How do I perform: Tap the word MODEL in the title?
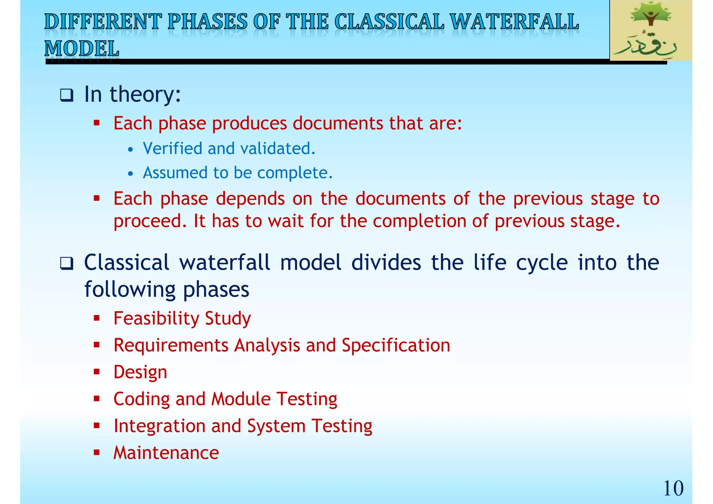[x=82, y=48]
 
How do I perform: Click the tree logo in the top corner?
[x=650, y=30]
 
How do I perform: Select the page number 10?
[x=673, y=488]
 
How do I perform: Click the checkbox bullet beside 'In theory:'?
[x=66, y=95]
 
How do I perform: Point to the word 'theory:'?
[x=146, y=94]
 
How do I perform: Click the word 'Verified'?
[x=172, y=149]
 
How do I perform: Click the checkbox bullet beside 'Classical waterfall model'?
[x=66, y=263]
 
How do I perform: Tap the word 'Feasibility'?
[x=156, y=318]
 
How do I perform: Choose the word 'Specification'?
[x=396, y=346]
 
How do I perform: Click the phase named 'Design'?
[x=140, y=372]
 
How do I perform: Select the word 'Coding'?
[x=141, y=399]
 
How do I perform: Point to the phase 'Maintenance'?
[x=166, y=453]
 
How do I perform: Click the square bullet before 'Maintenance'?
[x=97, y=453]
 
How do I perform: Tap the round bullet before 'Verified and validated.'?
[x=130, y=150]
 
